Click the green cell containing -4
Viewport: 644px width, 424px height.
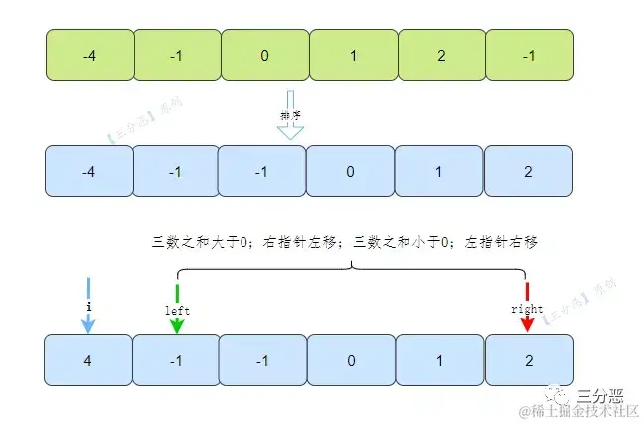coord(89,54)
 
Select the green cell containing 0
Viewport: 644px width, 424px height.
coord(264,54)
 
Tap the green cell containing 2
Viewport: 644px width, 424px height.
coord(441,54)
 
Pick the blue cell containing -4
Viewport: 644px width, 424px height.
coord(89,171)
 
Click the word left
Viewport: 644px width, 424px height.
coord(177,310)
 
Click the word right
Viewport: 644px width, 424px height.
coord(527,310)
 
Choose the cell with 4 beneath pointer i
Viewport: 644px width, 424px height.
coord(89,360)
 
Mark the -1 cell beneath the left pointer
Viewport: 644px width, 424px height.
coord(176,360)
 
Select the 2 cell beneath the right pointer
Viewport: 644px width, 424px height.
coord(529,360)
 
